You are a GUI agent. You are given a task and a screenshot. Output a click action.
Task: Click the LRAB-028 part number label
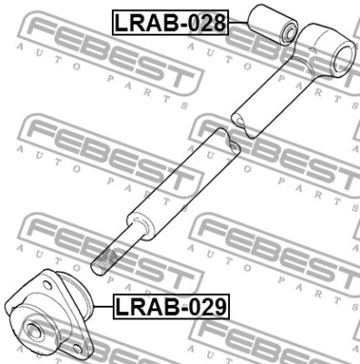click(170, 23)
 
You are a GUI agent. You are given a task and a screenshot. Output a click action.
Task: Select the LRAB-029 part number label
click(171, 307)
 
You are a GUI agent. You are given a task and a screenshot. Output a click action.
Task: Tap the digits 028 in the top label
click(208, 23)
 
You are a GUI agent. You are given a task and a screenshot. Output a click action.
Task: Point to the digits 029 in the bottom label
click(208, 307)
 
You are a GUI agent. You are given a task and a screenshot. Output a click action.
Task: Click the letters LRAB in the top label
click(147, 23)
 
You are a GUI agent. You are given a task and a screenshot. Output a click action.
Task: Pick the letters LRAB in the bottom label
click(148, 307)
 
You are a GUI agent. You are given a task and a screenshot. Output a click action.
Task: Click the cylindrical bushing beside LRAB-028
click(273, 24)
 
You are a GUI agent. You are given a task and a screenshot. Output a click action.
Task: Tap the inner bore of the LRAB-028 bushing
click(290, 33)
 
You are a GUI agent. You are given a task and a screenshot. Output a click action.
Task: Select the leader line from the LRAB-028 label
click(238, 22)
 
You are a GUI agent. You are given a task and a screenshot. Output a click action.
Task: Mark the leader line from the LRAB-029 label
click(103, 307)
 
